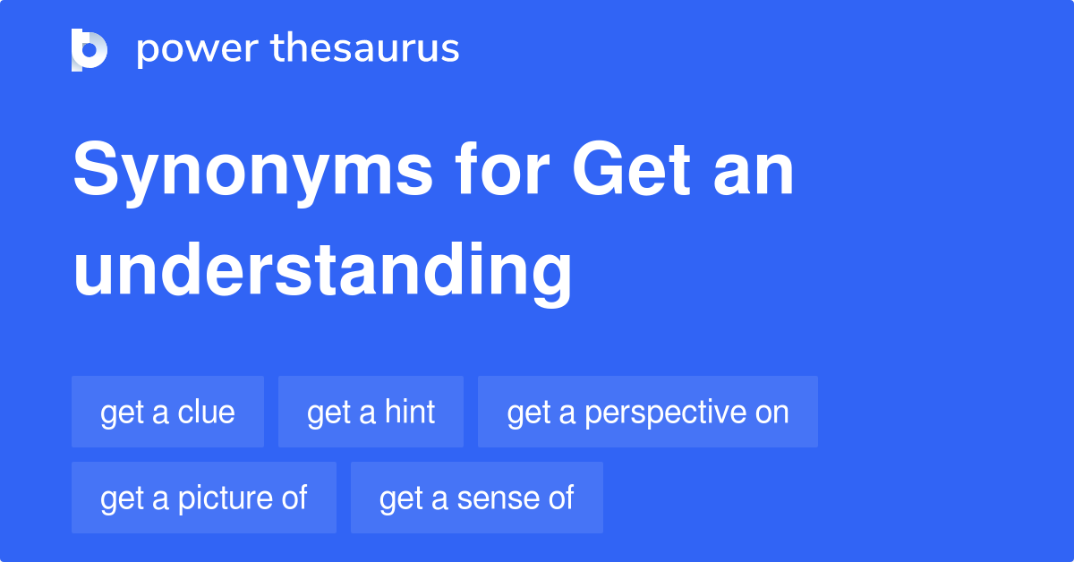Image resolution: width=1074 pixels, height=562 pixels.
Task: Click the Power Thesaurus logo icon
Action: coord(89,49)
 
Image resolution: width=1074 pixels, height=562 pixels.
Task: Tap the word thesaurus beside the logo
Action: coord(365,49)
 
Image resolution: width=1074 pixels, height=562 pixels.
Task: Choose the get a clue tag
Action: coord(167,412)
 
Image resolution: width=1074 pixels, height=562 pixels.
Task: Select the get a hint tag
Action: coord(371,412)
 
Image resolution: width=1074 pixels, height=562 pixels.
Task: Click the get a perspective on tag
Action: coord(647,412)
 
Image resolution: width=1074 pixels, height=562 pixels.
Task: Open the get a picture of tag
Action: coord(203,498)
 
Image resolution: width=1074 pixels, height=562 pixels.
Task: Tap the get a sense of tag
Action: coord(476,498)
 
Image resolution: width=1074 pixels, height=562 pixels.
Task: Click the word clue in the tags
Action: coord(207,412)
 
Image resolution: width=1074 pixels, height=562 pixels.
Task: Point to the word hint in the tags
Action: coord(410,412)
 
